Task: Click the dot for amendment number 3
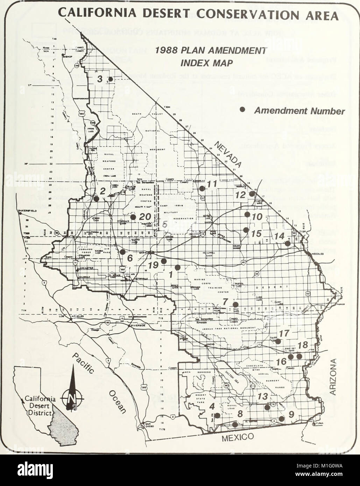tap(110, 79)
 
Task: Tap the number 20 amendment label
tap(144, 217)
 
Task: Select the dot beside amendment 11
tap(202, 188)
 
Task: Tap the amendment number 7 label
tap(225, 301)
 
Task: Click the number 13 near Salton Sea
tap(262, 396)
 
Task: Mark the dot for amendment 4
tap(217, 415)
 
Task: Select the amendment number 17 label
tap(285, 333)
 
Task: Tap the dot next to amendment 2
tap(96, 199)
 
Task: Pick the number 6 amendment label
tap(130, 258)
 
